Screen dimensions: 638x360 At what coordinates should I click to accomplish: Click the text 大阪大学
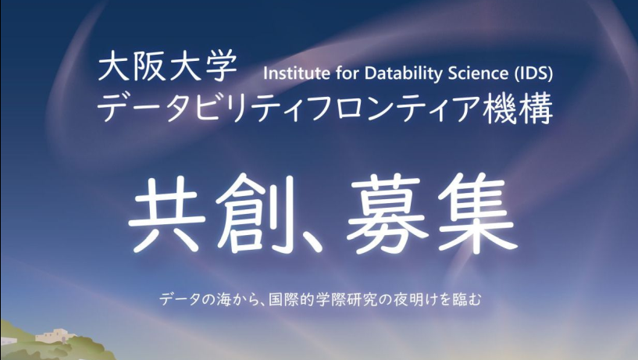168,65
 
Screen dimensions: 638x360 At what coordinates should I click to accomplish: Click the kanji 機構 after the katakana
518,109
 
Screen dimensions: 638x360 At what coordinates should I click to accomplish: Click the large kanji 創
251,212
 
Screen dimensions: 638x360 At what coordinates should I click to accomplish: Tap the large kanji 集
478,212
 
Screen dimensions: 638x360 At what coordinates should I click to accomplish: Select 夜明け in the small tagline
413,300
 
